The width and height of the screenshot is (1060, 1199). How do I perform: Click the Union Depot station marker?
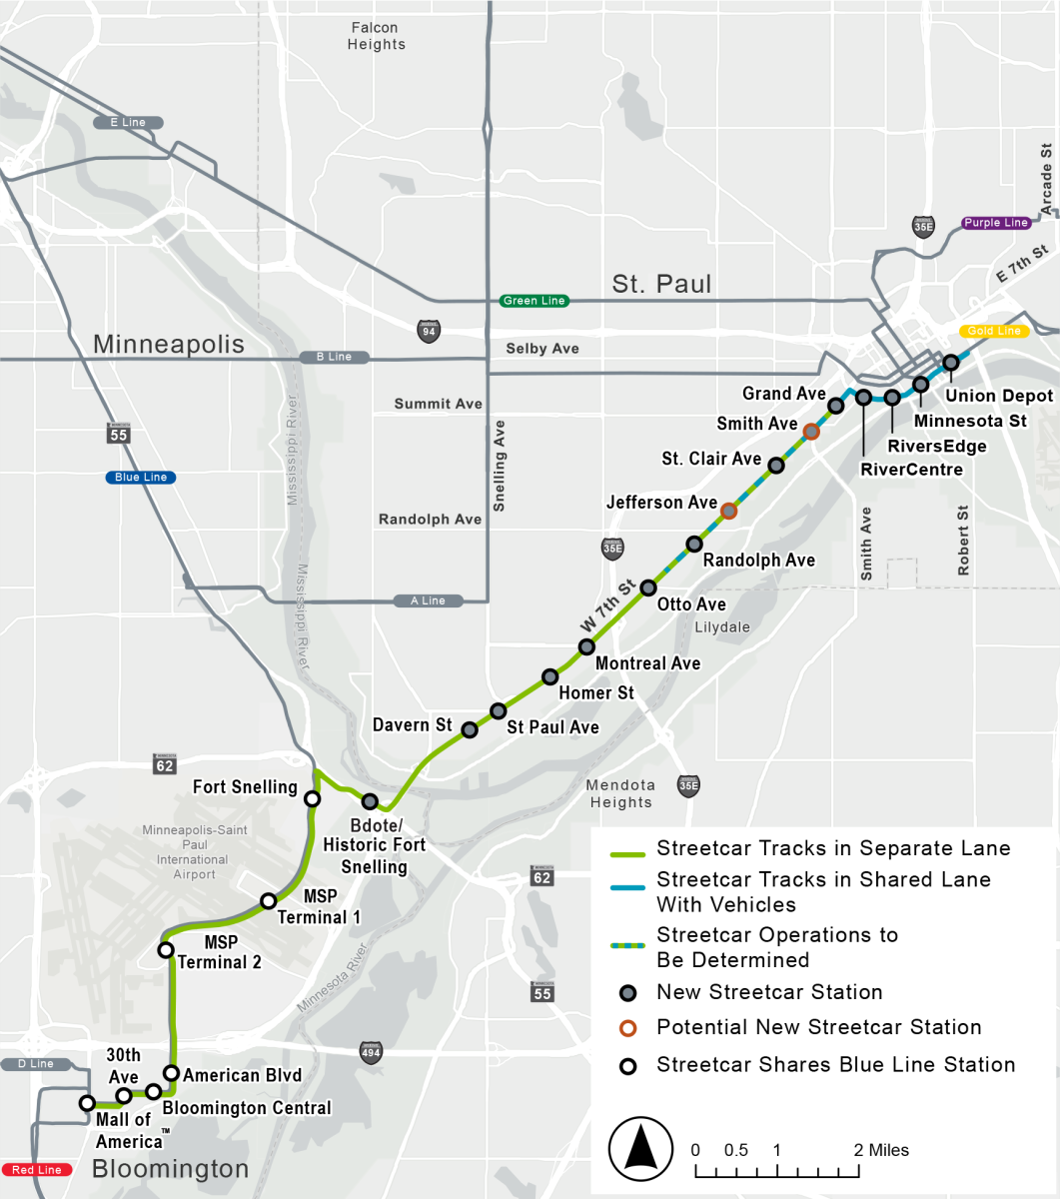click(951, 362)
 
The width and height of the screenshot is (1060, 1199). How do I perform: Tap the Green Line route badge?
click(534, 301)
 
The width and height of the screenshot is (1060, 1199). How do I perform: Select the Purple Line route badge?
click(995, 223)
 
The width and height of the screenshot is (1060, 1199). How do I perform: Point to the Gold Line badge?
click(994, 331)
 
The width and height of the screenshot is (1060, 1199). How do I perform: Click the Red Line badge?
click(37, 1170)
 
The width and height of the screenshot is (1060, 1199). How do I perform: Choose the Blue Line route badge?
click(141, 478)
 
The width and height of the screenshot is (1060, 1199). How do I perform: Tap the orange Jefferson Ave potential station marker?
click(729, 511)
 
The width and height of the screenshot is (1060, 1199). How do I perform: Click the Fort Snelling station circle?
click(312, 798)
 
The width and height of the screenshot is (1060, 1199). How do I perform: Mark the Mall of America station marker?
click(87, 1103)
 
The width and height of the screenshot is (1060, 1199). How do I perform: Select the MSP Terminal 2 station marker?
click(166, 949)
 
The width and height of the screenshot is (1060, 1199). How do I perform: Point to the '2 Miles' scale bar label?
click(881, 1150)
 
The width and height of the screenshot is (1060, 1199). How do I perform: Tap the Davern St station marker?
click(470, 729)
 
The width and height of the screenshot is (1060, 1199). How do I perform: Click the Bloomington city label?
click(170, 1169)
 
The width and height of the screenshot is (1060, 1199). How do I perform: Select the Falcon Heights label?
click(377, 36)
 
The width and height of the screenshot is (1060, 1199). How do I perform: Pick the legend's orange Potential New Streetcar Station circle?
click(627, 1028)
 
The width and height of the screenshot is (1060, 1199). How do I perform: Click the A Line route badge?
click(428, 600)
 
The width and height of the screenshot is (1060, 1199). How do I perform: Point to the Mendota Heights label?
click(620, 793)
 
